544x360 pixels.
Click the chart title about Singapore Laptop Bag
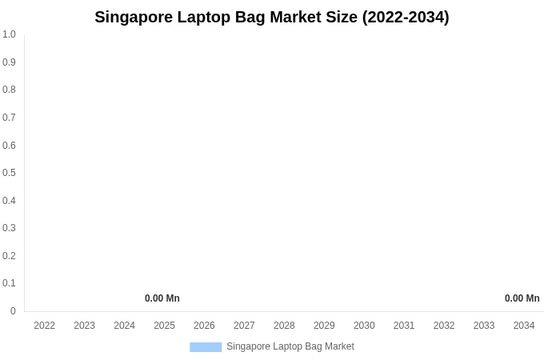coord(272,17)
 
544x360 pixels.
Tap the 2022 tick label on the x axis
coord(45,326)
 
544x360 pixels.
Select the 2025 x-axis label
coord(164,326)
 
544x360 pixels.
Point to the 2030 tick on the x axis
coord(364,326)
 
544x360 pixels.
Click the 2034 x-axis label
coord(524,326)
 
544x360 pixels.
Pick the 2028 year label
coord(284,326)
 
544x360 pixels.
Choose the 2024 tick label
coord(124,326)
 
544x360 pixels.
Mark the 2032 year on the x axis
coord(444,326)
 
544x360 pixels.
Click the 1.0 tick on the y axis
coord(9,34)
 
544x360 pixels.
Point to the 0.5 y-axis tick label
coord(9,173)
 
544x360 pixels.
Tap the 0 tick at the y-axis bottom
coord(13,311)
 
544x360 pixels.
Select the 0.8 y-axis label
coord(9,90)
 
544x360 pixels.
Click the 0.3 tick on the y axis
coord(9,228)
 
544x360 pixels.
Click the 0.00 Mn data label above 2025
coord(162,298)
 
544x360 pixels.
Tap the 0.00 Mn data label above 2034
coord(522,298)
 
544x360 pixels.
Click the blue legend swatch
coord(206,347)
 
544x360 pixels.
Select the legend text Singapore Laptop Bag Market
coord(290,346)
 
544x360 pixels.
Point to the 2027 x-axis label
coord(244,326)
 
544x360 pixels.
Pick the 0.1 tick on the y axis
coord(9,283)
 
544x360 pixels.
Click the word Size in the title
coord(342,17)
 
